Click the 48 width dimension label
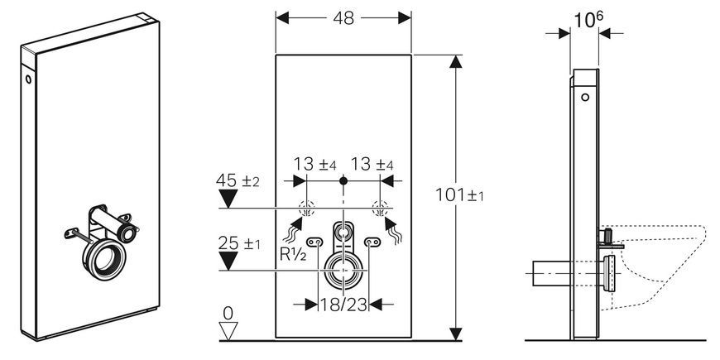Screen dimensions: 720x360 pos(343,18)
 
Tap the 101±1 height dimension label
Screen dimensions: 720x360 pos(459,195)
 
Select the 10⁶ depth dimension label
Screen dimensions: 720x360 pos(588,19)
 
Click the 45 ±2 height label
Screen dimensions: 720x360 pos(238,180)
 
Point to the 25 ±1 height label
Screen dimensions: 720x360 pos(239,243)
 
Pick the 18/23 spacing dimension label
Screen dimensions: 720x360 pos(343,304)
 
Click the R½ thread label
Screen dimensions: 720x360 pos(293,255)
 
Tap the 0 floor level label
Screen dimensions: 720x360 pos(228,313)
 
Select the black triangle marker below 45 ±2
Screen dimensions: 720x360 pos(228,199)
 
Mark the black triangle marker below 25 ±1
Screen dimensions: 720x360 pos(228,261)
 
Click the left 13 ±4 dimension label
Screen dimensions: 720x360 pos(315,164)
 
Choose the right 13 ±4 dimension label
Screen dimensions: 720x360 pos(372,164)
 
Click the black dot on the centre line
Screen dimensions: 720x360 pos(343,181)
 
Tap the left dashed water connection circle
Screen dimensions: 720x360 pos(306,209)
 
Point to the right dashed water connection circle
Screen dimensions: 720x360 pos(380,209)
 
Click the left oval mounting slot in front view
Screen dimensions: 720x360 pos(315,242)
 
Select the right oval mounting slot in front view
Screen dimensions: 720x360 pos(372,242)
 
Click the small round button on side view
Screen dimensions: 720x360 pos(584,98)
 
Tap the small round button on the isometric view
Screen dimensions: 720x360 pos(28,79)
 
